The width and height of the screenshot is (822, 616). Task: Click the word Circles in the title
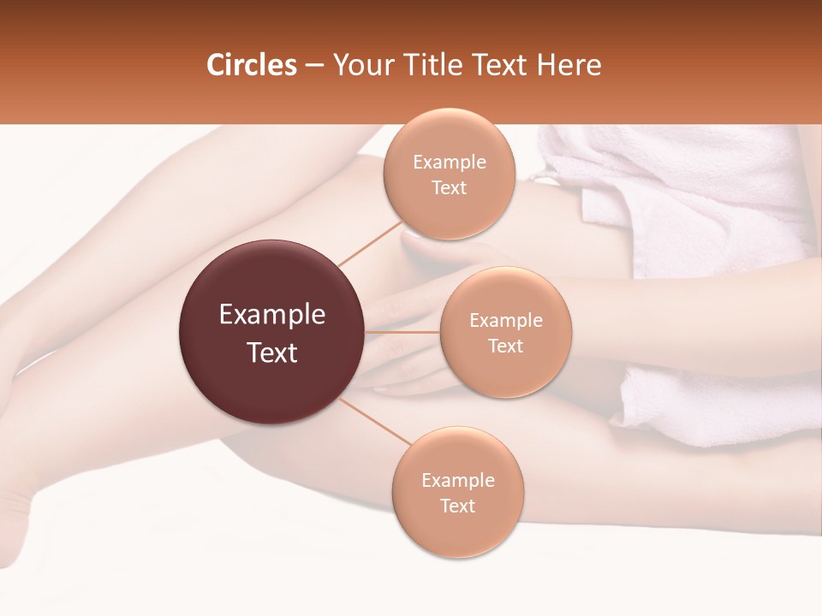tap(252, 65)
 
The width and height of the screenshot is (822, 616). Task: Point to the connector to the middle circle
tap(402, 332)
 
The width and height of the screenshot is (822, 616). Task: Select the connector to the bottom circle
tap(374, 420)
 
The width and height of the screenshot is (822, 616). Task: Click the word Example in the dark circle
tap(272, 315)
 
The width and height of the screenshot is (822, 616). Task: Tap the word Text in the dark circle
tap(272, 352)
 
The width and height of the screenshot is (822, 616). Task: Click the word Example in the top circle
tap(449, 163)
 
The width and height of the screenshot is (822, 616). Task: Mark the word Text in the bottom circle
tap(457, 506)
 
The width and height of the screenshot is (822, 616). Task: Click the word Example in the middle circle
tap(505, 321)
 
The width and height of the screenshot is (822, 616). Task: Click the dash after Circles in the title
tap(314, 66)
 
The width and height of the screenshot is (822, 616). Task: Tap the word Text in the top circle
tap(449, 187)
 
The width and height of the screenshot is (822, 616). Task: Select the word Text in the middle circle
tap(505, 346)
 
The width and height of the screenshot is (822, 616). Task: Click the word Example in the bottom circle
tap(457, 481)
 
